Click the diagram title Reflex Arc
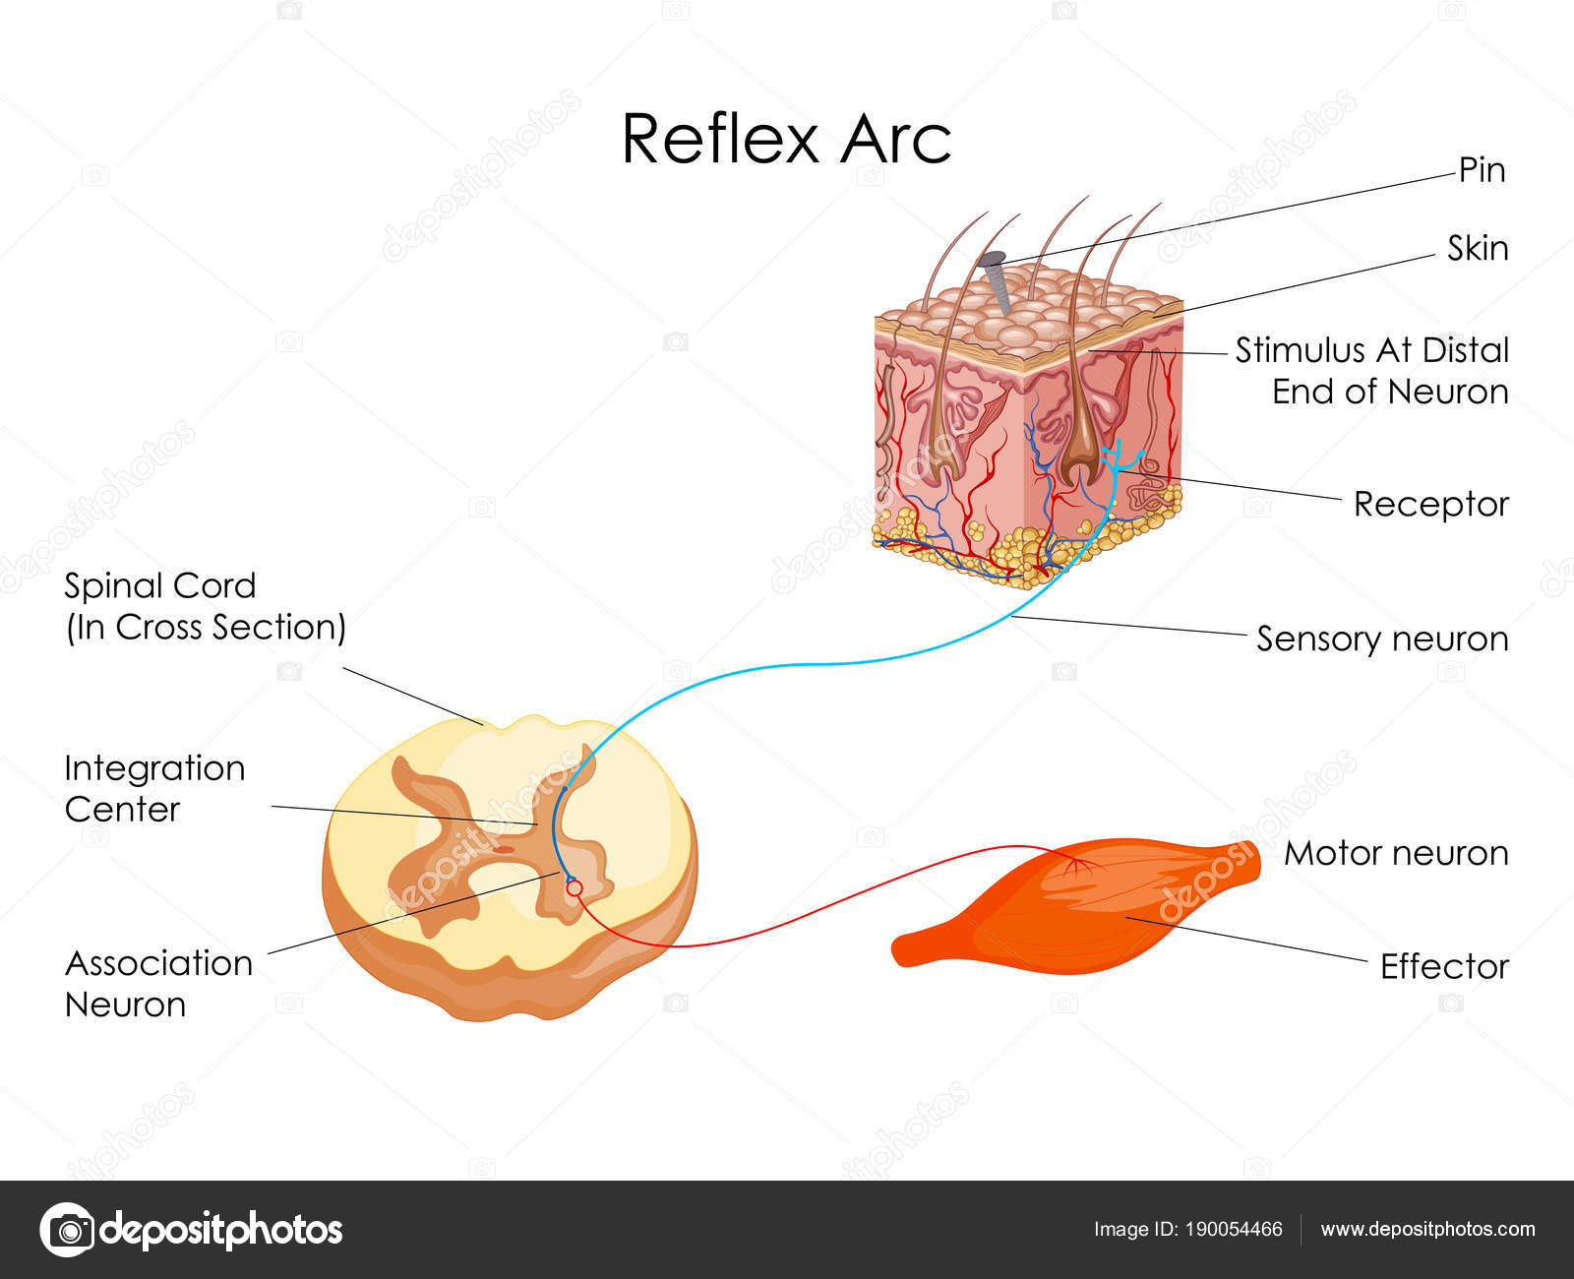(786, 139)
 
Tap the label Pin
(1482, 170)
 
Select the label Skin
(1478, 249)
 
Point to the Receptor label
(1430, 504)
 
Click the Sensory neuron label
(1382, 639)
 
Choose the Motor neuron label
(1396, 853)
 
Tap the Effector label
(1444, 966)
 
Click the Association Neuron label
(157, 983)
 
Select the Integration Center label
(154, 788)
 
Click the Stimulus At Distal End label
(1371, 371)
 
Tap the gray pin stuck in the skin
(995, 275)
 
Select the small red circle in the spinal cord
(575, 888)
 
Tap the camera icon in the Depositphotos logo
(67, 1230)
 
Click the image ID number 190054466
(1234, 1229)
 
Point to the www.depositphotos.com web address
(1427, 1229)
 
